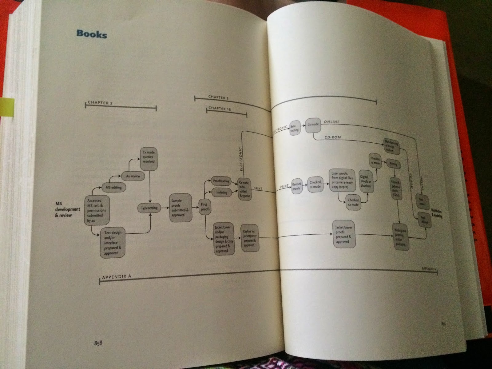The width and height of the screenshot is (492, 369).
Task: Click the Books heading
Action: pyautogui.click(x=92, y=34)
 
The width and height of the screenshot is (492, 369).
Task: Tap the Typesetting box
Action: pyautogui.click(x=149, y=208)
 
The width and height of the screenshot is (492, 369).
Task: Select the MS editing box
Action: pyautogui.click(x=113, y=187)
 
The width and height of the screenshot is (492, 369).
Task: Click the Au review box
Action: pyautogui.click(x=133, y=176)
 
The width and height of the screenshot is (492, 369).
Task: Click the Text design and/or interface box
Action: pyautogui.click(x=113, y=243)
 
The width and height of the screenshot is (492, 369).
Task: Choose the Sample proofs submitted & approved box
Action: pyautogui.click(x=181, y=208)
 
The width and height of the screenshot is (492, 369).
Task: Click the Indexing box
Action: pyautogui.click(x=222, y=192)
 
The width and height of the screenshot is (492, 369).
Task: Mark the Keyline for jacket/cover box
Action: pyautogui.click(x=249, y=238)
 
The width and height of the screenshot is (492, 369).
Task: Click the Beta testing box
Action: pyautogui.click(x=295, y=128)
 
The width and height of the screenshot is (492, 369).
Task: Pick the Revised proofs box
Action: pyautogui.click(x=296, y=186)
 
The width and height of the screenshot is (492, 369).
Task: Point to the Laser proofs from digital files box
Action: pyautogui.click(x=342, y=180)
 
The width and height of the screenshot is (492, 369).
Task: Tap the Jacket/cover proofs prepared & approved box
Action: pyautogui.click(x=344, y=234)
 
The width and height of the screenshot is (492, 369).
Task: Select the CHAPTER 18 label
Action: pyautogui.click(x=220, y=108)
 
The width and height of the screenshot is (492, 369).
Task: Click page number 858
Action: pyautogui.click(x=98, y=343)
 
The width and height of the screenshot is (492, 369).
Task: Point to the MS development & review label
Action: pyautogui.click(x=67, y=209)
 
